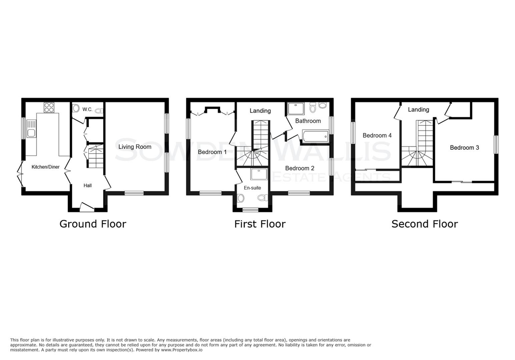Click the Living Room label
point(135,147)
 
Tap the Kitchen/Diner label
point(45,167)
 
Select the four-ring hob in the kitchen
point(49,107)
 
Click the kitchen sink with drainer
point(31,128)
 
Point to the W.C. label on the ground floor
point(88,109)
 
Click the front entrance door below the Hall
point(87,207)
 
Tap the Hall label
point(88,185)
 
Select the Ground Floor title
point(93,224)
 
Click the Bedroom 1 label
point(212,152)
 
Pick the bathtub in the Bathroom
point(315,136)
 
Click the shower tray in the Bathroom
point(296,109)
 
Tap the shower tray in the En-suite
point(259,174)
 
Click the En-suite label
point(252,188)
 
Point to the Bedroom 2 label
point(300,168)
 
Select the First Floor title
point(260,224)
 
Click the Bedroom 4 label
point(377,136)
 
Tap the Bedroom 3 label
point(464,148)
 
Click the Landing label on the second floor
point(418,110)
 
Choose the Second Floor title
point(424,224)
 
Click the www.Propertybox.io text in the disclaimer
point(182,350)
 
